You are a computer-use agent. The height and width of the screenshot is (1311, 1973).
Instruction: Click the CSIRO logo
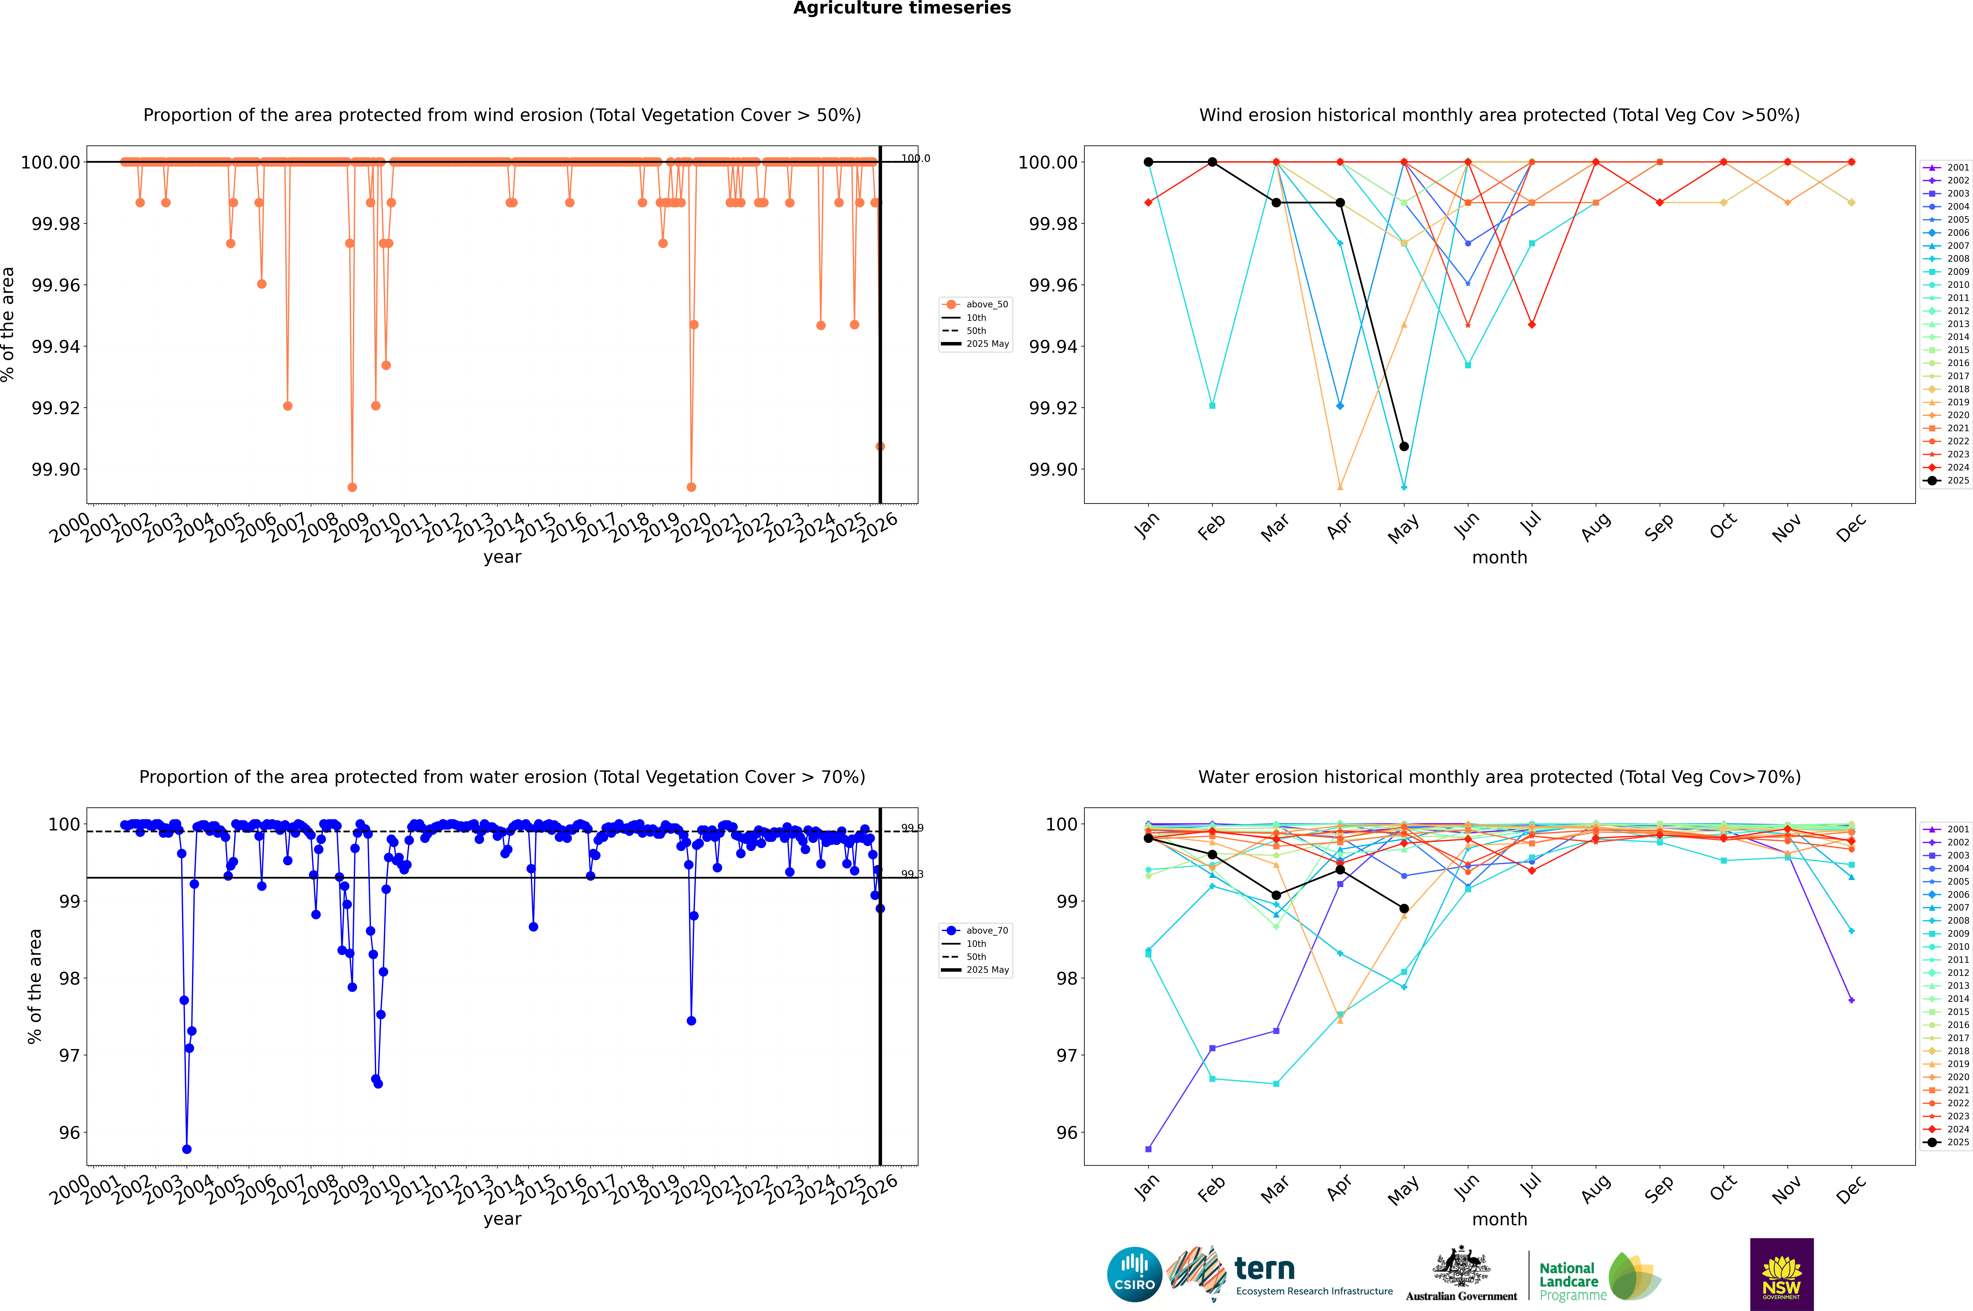coord(1134,1274)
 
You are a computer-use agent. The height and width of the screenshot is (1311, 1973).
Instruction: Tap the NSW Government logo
coord(1781,1274)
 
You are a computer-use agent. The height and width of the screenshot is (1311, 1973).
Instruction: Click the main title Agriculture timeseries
coord(902,8)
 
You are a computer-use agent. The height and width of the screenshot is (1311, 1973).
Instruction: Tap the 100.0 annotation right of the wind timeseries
coord(915,158)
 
